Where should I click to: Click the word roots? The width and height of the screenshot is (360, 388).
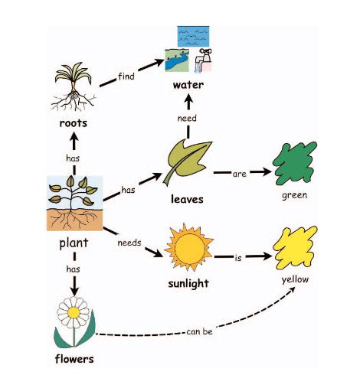click(74, 122)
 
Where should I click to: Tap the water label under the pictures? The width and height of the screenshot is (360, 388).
click(188, 85)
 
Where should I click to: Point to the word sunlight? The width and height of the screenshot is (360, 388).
click(187, 285)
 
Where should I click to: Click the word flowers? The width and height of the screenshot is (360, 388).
click(74, 358)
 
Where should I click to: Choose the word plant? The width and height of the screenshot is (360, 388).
click(74, 244)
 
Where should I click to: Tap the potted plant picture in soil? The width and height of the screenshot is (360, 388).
click(74, 204)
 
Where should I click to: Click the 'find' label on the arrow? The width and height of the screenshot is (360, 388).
click(127, 77)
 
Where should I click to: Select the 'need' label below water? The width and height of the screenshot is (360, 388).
click(188, 119)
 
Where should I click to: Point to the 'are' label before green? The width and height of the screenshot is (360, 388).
click(239, 174)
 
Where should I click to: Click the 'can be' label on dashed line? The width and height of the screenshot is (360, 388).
click(198, 331)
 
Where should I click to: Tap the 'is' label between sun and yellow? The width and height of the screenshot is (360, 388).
click(239, 258)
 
